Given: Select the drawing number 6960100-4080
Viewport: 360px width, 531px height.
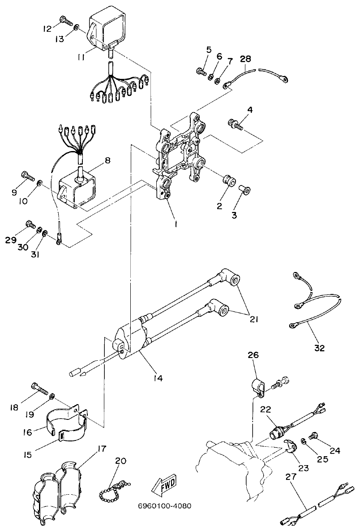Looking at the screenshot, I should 165,506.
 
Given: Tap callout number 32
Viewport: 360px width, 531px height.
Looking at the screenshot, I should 319,347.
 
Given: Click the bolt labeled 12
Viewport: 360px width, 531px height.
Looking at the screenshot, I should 65,21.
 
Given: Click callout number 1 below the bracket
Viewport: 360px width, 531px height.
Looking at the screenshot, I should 176,225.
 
